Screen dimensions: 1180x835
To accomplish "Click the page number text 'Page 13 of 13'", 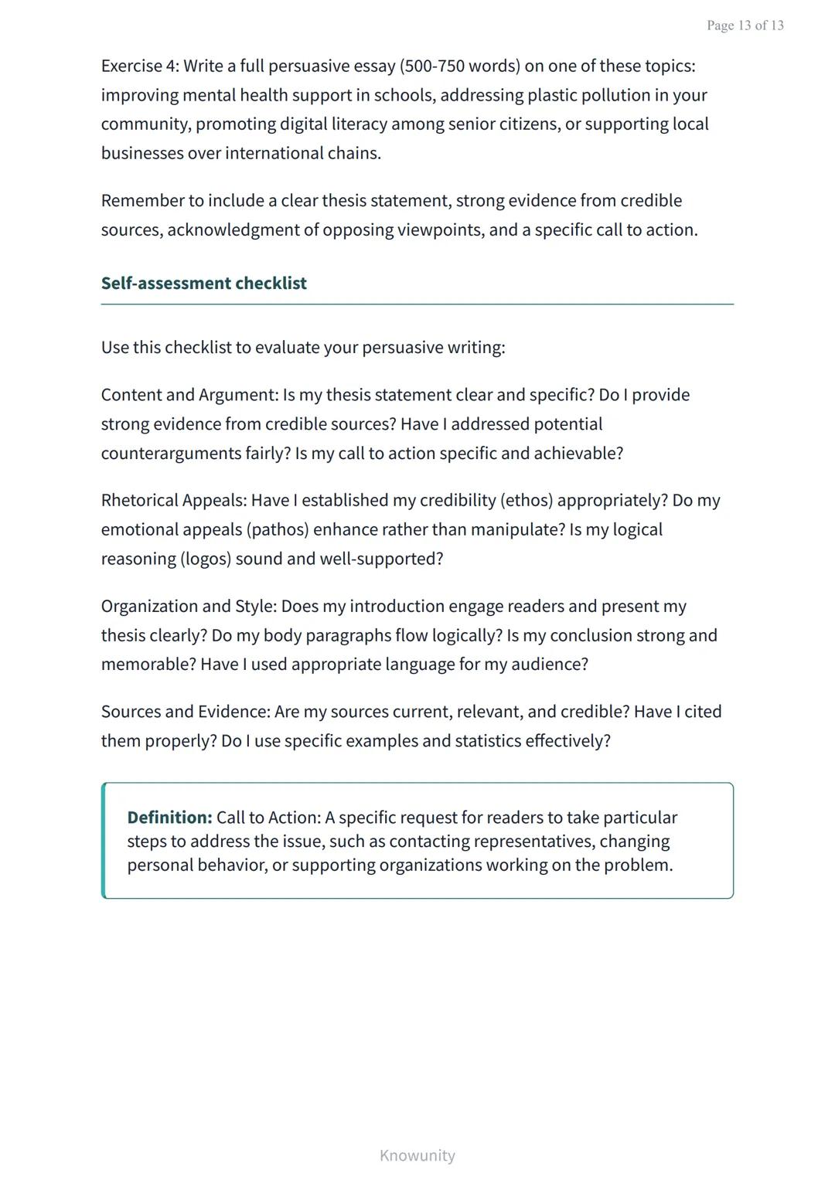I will tap(745, 26).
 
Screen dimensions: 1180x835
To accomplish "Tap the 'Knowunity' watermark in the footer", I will tap(417, 1155).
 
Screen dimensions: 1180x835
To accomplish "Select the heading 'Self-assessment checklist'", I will tap(203, 284).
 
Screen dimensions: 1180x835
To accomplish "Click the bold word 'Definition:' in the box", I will tap(169, 818).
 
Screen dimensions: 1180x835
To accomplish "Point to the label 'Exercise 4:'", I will tap(140, 66).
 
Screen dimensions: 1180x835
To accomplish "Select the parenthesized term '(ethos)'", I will tap(527, 501).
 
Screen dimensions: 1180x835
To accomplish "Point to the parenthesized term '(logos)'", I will tap(206, 559).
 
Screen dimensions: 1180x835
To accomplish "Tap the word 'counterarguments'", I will tap(171, 454).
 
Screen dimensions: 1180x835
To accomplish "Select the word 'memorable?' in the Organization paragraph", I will tap(148, 665).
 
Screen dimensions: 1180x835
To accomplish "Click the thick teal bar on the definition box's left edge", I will tap(104, 841).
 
